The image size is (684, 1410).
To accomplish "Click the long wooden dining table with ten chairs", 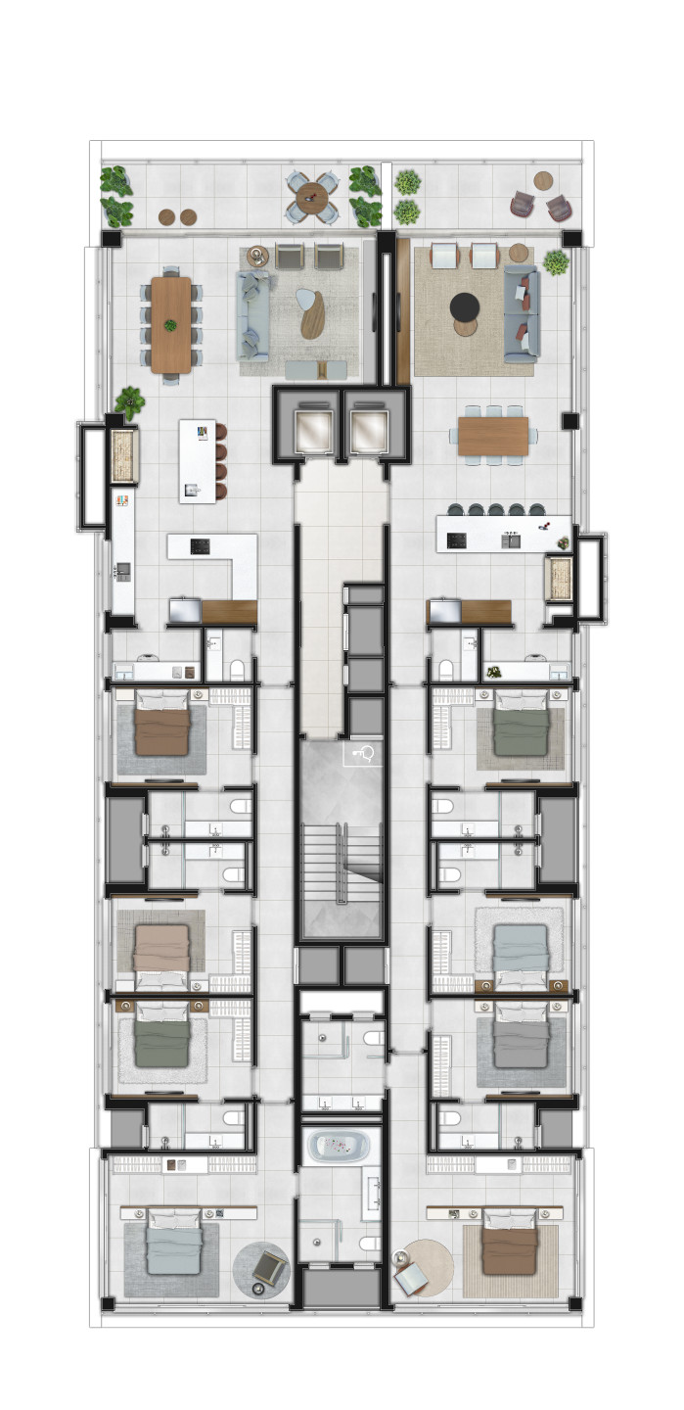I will pyautogui.click(x=171, y=324).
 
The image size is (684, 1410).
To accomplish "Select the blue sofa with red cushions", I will pyautogui.click(x=522, y=311).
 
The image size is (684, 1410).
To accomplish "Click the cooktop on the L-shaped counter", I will pyautogui.click(x=200, y=546).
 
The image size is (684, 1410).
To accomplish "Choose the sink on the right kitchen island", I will pyautogui.click(x=511, y=540).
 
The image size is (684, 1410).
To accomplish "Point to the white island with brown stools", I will pyautogui.click(x=198, y=460).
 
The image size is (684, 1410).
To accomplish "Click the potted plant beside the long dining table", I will pyautogui.click(x=128, y=400).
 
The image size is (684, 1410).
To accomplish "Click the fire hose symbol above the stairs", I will pyautogui.click(x=361, y=753).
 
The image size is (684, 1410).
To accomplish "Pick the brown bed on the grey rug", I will pyautogui.click(x=161, y=726).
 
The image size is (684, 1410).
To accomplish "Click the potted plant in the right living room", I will pyautogui.click(x=556, y=261).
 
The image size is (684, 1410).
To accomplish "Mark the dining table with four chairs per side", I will pyautogui.click(x=492, y=436).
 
